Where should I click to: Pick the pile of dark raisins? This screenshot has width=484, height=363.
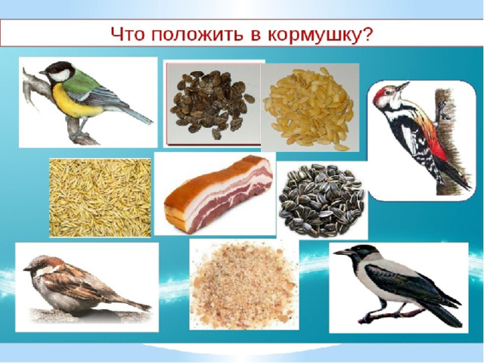coord(213,104)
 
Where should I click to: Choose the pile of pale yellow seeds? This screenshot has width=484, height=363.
coord(309,108)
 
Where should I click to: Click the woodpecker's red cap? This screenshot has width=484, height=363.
coord(380,93)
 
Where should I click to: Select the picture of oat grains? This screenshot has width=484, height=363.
coord(100,197)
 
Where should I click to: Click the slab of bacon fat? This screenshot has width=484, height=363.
coord(219,194)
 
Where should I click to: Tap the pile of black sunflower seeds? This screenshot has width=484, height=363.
coord(321,200)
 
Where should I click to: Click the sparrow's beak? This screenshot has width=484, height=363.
coord(27,269)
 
